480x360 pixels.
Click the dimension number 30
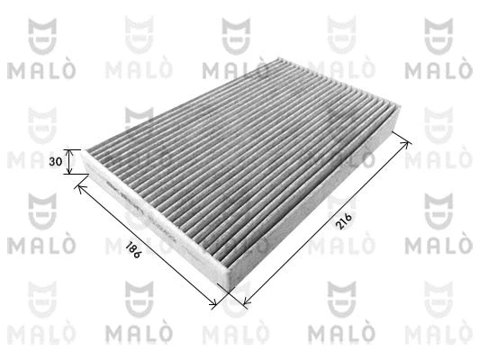point(55,162)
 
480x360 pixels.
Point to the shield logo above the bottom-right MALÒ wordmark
point(441,298)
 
